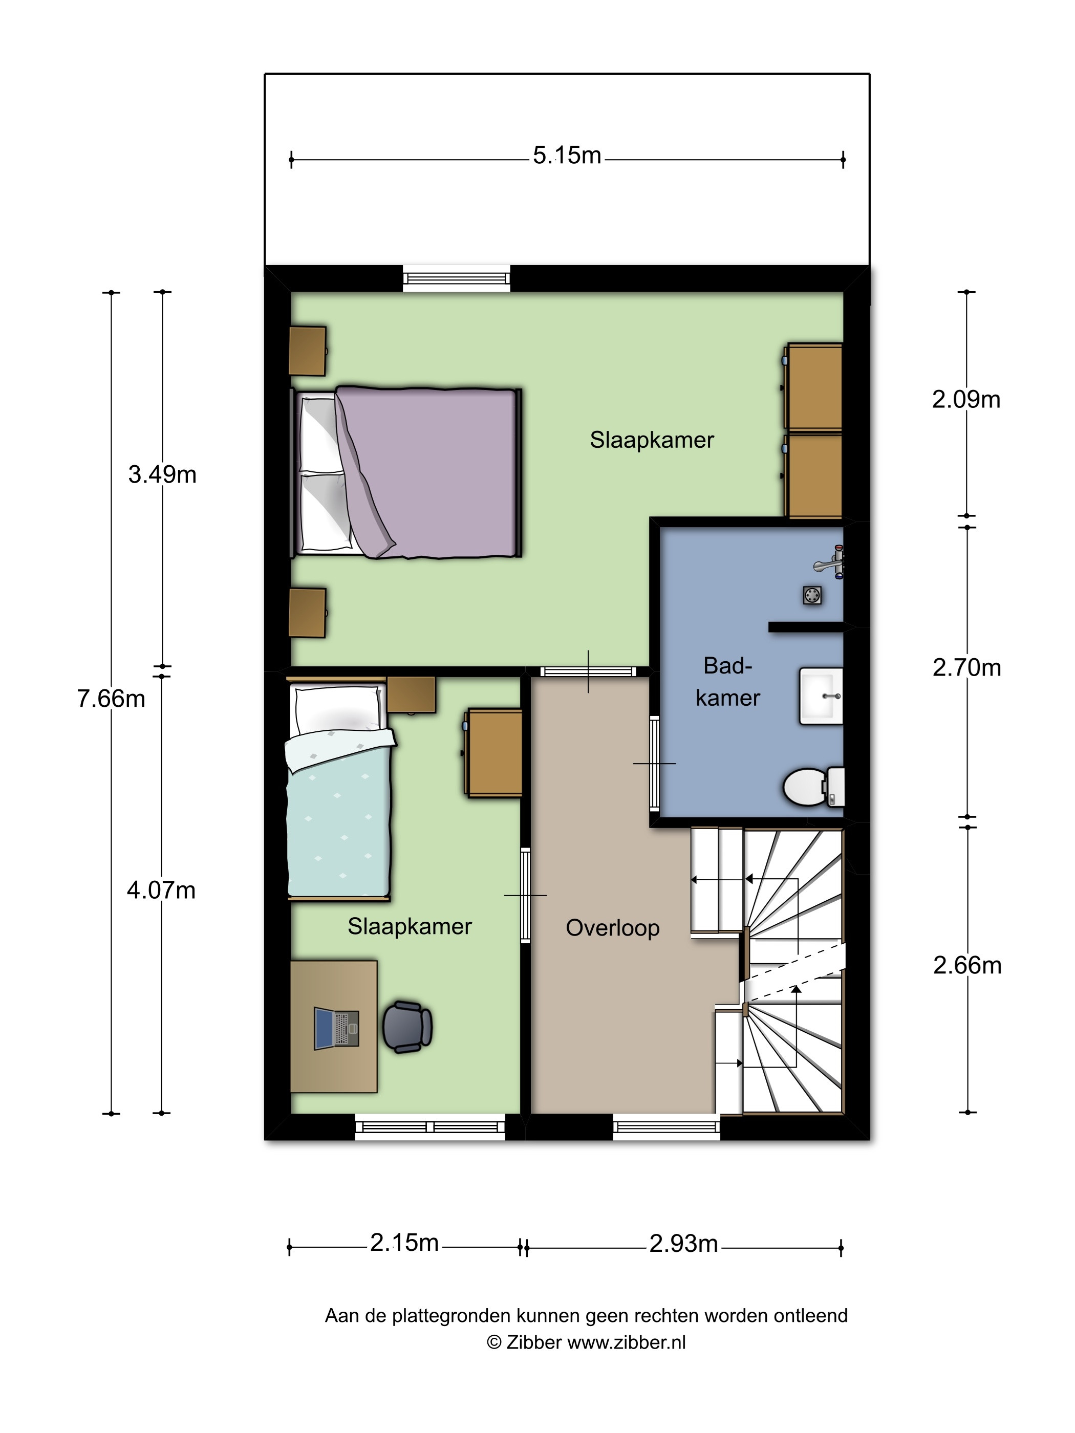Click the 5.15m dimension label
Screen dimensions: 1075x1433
click(567, 156)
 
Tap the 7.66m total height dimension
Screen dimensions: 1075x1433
click(111, 699)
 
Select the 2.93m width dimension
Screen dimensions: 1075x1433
click(683, 1243)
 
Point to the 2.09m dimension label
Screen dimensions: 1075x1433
click(966, 400)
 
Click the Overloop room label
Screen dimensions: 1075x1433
click(612, 928)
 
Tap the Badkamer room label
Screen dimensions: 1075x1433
click(728, 682)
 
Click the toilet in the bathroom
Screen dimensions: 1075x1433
click(814, 787)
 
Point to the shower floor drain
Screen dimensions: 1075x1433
click(812, 595)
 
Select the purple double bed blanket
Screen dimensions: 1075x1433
click(427, 473)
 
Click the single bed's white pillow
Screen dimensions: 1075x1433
click(337, 709)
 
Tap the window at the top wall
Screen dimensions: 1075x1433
click(456, 278)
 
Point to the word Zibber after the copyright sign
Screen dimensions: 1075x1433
click(533, 1342)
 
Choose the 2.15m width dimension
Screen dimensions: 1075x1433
click(404, 1243)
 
